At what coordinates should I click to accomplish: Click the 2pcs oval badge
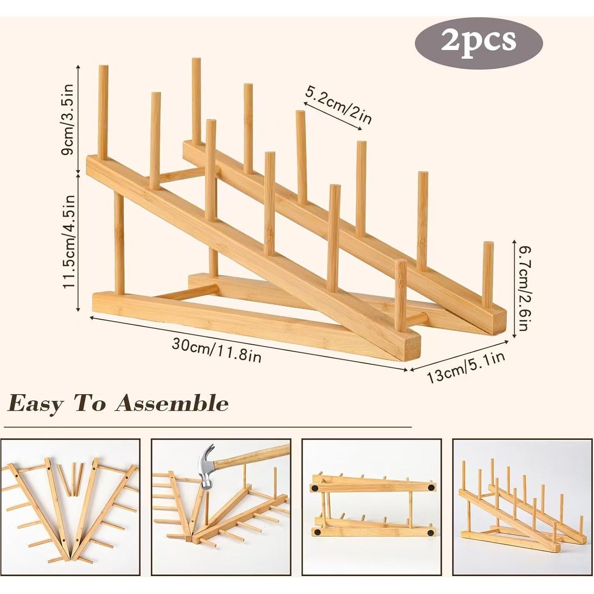click(x=478, y=41)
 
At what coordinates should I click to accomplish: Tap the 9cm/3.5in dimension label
click(x=68, y=120)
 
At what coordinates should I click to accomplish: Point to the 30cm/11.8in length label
click(x=216, y=350)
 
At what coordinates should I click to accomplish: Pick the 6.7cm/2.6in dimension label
click(x=522, y=288)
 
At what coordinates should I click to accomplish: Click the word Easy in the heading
click(x=36, y=403)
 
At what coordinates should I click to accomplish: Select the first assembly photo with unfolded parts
click(x=70, y=507)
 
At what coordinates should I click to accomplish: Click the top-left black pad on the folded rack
click(x=315, y=488)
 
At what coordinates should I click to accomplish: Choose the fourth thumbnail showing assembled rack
click(x=522, y=507)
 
